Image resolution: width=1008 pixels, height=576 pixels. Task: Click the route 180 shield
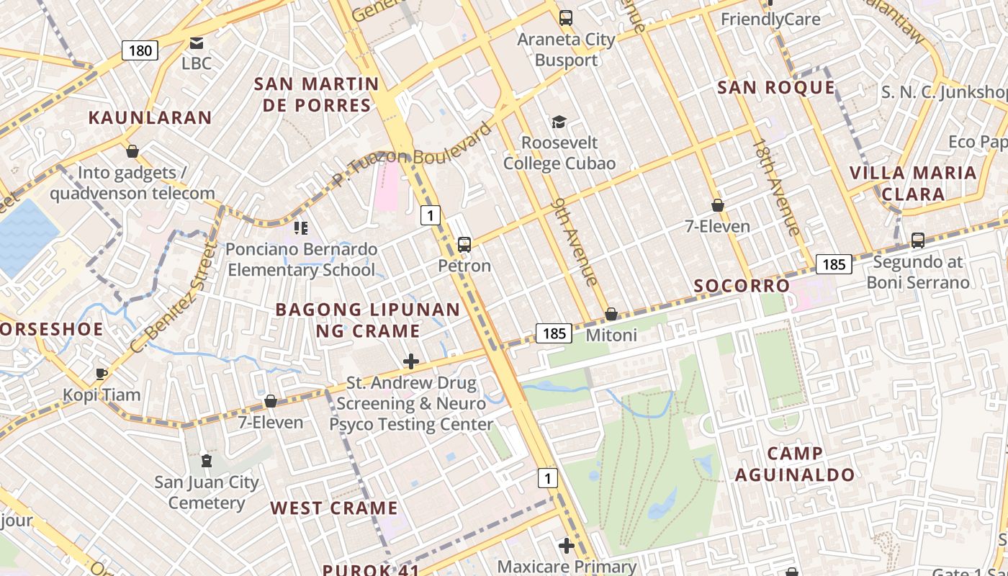(x=140, y=50)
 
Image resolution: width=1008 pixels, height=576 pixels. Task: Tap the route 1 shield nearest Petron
(x=430, y=215)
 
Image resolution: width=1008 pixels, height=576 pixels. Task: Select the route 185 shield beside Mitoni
(x=554, y=333)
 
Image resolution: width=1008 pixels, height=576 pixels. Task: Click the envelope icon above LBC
(x=196, y=43)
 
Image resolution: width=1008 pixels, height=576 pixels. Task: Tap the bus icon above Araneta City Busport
(x=566, y=18)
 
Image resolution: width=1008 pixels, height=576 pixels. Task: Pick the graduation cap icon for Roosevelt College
(x=559, y=122)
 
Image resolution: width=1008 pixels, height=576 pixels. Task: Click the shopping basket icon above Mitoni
(x=611, y=314)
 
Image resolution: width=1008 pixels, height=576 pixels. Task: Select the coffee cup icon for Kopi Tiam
(x=102, y=374)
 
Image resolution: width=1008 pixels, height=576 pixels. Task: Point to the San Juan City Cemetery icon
(x=207, y=461)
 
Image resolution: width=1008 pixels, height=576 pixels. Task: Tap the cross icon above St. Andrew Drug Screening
(x=411, y=361)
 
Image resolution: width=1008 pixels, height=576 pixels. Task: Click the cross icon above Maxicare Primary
(x=567, y=546)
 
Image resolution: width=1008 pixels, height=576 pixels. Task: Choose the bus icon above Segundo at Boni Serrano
(x=917, y=240)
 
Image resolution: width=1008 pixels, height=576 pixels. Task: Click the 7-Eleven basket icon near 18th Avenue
(x=717, y=205)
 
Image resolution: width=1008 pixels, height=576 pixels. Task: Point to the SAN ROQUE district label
(x=776, y=88)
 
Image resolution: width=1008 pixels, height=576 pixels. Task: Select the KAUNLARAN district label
(x=150, y=117)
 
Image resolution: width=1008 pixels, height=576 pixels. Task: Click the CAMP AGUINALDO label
(x=795, y=464)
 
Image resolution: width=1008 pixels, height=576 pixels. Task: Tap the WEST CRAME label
(x=334, y=508)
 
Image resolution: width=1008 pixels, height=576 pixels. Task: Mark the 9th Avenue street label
(x=574, y=243)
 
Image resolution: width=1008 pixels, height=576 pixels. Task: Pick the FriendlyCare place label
(x=770, y=19)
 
